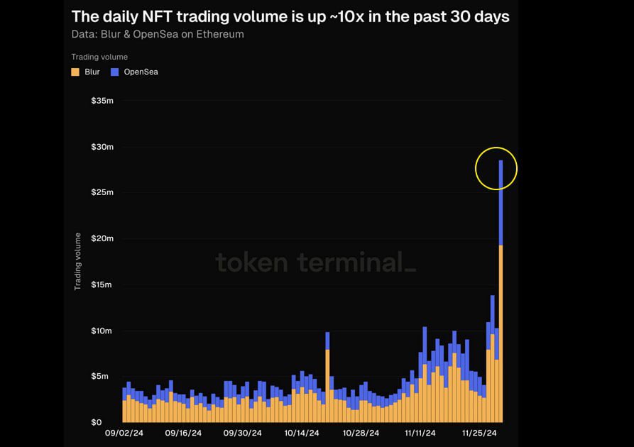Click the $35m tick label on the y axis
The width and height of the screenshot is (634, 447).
[x=102, y=101]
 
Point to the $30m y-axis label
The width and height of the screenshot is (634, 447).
[x=102, y=147]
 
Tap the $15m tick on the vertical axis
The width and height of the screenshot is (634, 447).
[x=102, y=285]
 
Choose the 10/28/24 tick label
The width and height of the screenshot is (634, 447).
[x=361, y=433]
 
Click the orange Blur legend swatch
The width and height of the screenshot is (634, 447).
[x=75, y=72]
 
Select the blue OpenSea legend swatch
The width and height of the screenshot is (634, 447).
[x=114, y=72]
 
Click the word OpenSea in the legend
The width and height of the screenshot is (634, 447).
[x=141, y=72]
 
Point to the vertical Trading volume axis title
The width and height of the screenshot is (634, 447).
[x=78, y=261]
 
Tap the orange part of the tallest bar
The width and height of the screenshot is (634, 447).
[x=501, y=333]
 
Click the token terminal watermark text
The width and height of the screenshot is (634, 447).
[x=315, y=263]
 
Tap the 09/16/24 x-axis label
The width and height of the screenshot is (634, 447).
[x=183, y=433]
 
